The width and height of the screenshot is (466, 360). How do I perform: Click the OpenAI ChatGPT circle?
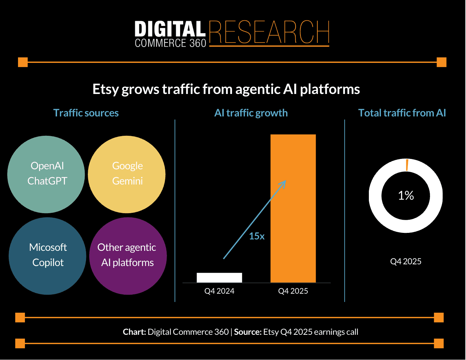46,174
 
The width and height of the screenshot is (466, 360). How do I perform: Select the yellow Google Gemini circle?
127,174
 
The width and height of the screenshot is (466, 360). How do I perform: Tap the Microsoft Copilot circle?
47,256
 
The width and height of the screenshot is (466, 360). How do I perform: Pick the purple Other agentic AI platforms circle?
128,256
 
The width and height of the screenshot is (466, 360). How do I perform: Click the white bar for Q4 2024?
219,277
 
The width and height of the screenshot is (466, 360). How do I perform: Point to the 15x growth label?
257,236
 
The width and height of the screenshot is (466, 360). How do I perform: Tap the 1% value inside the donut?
406,196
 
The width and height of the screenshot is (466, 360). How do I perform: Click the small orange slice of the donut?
407,165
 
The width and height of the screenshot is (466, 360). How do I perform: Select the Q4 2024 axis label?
219,291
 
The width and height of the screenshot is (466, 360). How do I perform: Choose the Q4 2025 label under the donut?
406,262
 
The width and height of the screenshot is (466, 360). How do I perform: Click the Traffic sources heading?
86,113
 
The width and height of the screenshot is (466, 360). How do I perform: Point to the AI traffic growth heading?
251,113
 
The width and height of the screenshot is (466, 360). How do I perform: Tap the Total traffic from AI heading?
402,113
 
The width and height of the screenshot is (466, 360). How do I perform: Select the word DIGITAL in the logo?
170,29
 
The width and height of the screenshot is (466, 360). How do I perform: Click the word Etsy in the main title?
106,89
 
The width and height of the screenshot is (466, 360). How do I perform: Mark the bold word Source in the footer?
248,332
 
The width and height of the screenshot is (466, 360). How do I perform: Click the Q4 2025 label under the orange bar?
293,291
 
